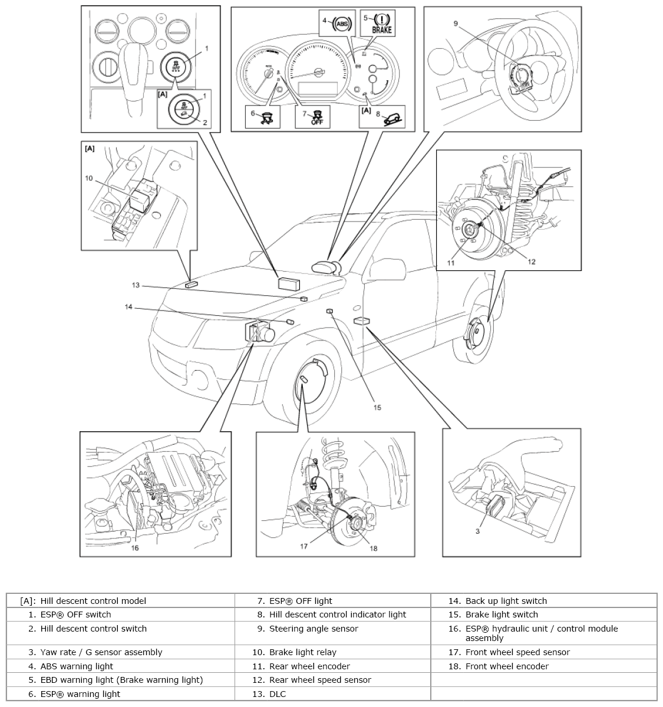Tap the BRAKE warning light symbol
[381, 22]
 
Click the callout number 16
[135, 548]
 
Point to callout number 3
[477, 531]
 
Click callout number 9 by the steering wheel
[456, 23]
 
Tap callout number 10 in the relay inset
[89, 178]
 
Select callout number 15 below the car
[377, 407]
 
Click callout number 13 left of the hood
[136, 285]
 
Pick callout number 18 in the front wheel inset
[373, 548]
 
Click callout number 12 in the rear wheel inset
[532, 262]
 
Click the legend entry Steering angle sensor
[314, 629]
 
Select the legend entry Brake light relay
[302, 652]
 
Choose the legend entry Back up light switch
[506, 601]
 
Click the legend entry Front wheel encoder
[507, 666]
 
